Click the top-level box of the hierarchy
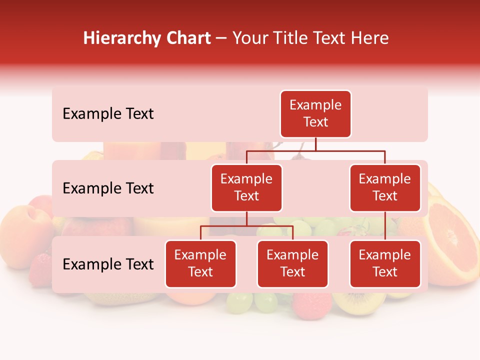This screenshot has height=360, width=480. coord(315,113)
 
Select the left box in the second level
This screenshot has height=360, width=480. coord(246,187)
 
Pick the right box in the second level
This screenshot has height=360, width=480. coord(385,187)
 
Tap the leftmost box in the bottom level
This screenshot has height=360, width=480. coord(200,263)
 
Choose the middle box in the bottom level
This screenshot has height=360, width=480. coord(292,263)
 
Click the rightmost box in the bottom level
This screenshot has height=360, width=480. coord(385,263)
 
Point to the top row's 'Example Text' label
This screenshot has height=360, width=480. coord(108,114)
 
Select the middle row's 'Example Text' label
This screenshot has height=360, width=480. coord(108,188)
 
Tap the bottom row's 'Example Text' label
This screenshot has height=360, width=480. coord(108,264)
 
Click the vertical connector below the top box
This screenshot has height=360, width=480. coord(315,144)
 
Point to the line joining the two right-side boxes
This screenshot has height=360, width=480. coord(385,225)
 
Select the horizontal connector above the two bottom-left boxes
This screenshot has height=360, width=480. coord(246,226)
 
